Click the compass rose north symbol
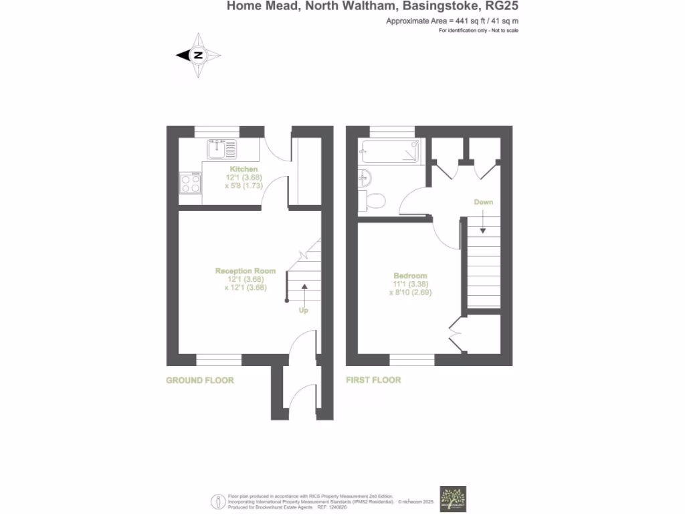click(x=198, y=56)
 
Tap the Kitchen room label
click(x=243, y=169)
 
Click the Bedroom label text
click(x=410, y=276)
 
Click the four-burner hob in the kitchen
click(x=190, y=183)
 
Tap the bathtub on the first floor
click(x=389, y=152)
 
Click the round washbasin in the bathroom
click(x=365, y=178)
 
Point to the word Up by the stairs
click(x=303, y=310)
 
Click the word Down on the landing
click(x=484, y=202)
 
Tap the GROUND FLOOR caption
click(x=200, y=380)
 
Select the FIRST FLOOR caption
click(x=373, y=380)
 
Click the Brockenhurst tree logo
click(x=453, y=499)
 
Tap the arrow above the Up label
click(x=304, y=292)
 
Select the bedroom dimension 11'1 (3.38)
click(x=410, y=284)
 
